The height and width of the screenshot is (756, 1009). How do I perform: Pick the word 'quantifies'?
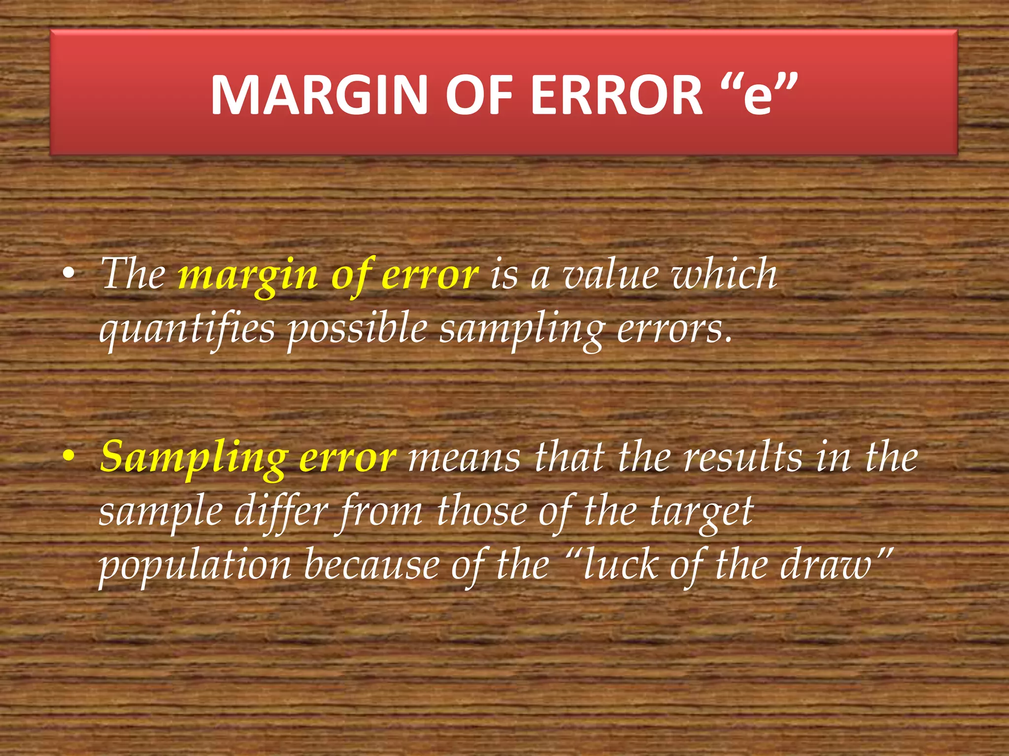point(187,330)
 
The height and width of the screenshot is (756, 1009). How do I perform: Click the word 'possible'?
point(358,330)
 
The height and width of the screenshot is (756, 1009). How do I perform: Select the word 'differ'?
point(281,512)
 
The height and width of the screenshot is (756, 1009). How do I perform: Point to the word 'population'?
point(195,566)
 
